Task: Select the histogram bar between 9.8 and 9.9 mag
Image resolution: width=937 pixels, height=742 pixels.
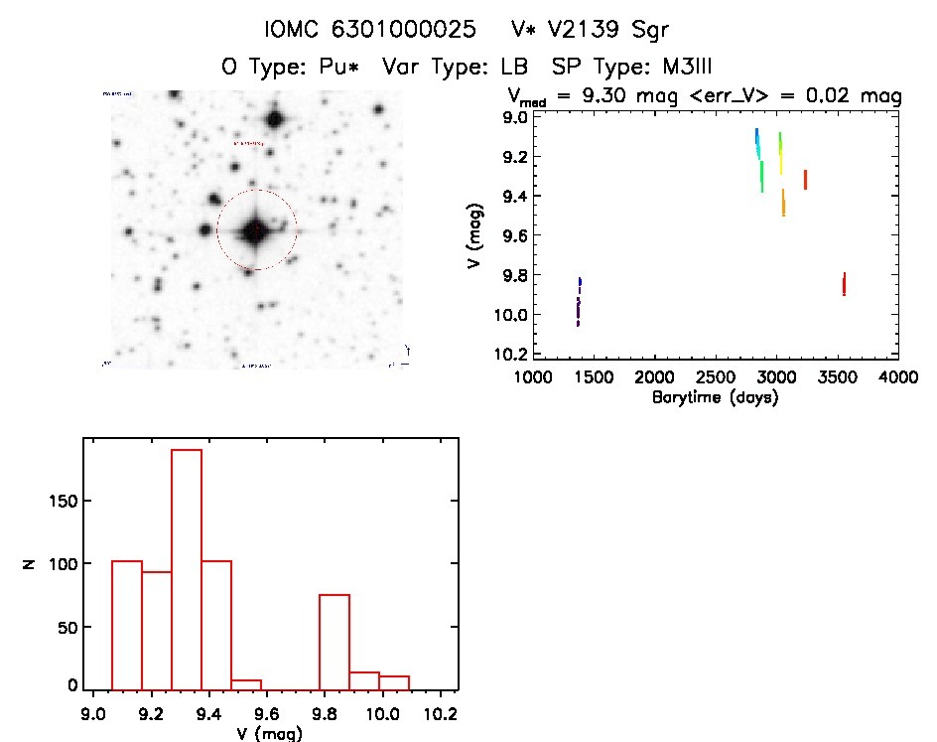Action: pyautogui.click(x=335, y=641)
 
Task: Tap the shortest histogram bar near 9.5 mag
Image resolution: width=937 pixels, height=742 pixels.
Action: pyautogui.click(x=246, y=683)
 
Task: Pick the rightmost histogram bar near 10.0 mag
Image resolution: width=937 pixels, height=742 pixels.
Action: pyautogui.click(x=394, y=682)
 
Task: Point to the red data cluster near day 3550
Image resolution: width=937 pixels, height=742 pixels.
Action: pyautogui.click(x=844, y=284)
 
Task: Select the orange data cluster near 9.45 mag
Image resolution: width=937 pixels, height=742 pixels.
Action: pyautogui.click(x=783, y=204)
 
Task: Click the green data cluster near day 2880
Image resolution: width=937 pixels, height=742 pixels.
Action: pyautogui.click(x=761, y=176)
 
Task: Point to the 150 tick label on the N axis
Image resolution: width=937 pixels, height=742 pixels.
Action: pyautogui.click(x=63, y=502)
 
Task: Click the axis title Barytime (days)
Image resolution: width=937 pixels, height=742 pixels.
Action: pyautogui.click(x=715, y=397)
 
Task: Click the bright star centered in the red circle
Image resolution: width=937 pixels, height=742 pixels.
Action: pyautogui.click(x=256, y=230)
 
